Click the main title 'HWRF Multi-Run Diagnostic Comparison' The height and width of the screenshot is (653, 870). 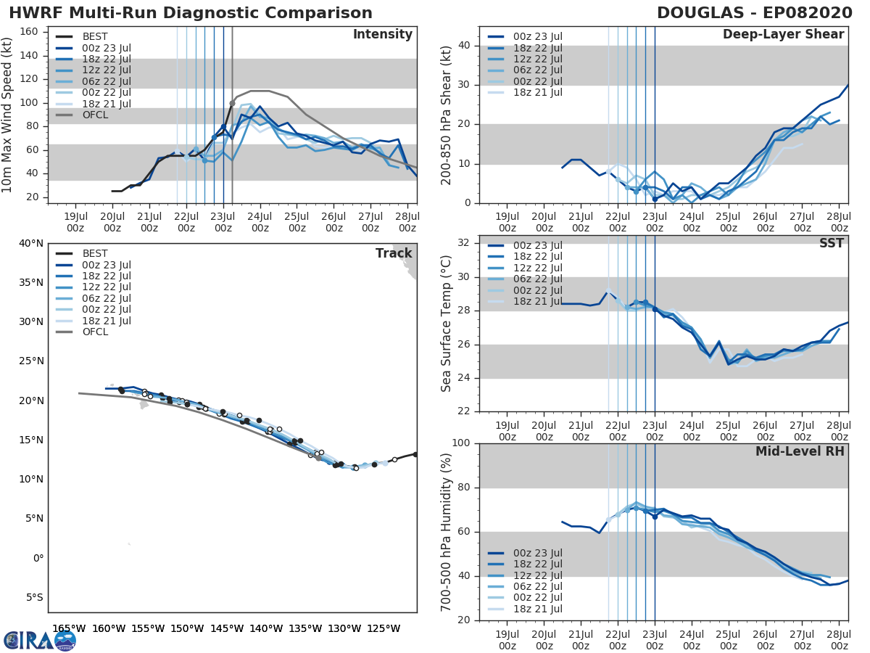pos(191,13)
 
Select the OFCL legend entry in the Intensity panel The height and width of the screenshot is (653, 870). pos(95,115)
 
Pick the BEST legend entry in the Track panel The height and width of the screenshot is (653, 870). pos(95,254)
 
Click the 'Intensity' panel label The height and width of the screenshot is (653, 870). pos(382,35)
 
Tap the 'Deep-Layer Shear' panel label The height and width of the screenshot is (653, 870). pos(783,35)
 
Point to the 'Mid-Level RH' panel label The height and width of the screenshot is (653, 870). pos(800,451)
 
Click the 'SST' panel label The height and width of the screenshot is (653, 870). pos(832,243)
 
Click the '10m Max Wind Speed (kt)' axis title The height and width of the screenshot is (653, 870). pos(8,114)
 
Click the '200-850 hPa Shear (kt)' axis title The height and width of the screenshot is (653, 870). pos(446,115)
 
